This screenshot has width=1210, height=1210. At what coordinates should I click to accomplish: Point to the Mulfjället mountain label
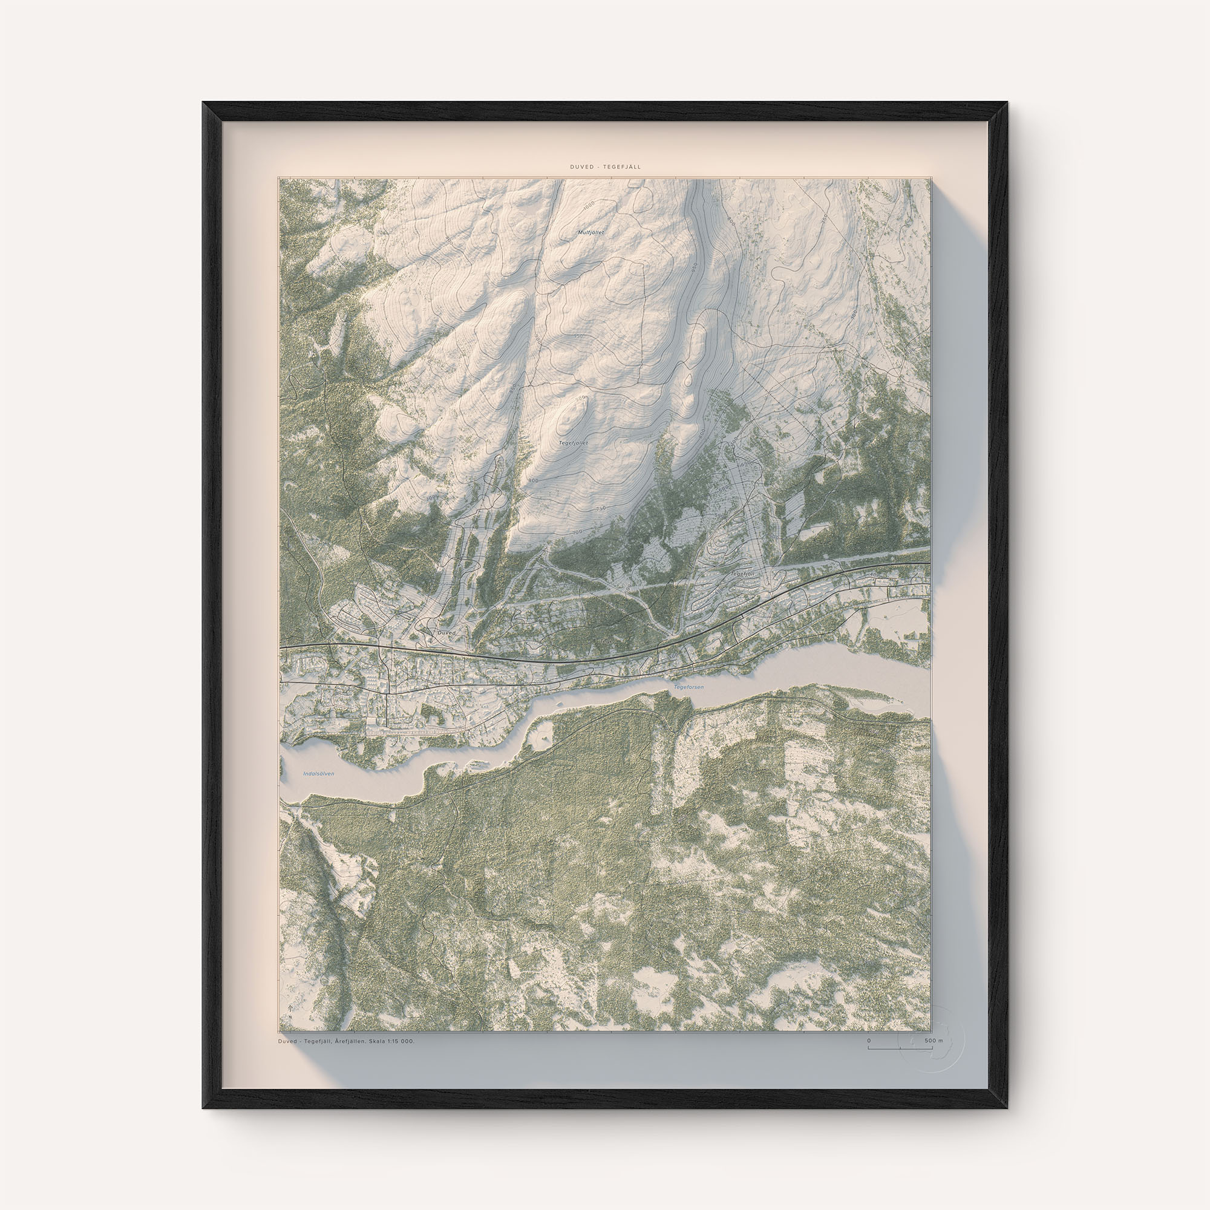590,232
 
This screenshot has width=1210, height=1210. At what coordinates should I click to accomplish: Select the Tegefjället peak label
573,443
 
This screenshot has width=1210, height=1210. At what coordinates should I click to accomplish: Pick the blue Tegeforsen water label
688,688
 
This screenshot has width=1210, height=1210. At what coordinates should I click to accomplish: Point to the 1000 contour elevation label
588,206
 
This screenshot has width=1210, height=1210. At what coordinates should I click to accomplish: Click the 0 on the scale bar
869,1040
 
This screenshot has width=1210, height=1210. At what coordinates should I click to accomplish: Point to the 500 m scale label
933,1040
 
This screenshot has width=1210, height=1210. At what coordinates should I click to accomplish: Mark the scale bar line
900,1047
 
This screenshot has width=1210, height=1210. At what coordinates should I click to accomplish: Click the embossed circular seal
931,1039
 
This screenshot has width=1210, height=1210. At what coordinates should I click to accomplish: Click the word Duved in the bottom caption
289,1041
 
